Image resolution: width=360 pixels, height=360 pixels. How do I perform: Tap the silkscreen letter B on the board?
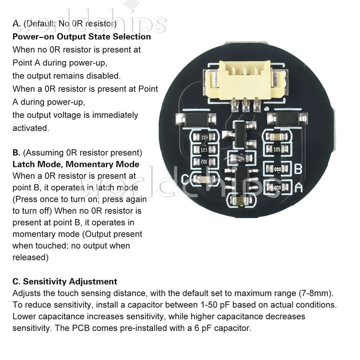(x=298, y=168)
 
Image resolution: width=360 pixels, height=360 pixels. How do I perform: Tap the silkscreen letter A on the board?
(x=298, y=187)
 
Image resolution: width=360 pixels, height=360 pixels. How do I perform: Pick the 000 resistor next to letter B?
(x=277, y=168)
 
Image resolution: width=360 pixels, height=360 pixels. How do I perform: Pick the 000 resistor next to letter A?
(x=277, y=188)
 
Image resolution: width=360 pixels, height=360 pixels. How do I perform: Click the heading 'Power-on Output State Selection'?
(x=82, y=37)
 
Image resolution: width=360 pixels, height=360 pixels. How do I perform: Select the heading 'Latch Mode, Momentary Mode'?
(x=76, y=164)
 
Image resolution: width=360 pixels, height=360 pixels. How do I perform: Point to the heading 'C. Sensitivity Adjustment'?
(x=65, y=281)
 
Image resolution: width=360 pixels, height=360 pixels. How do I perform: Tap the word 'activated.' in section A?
(x=30, y=128)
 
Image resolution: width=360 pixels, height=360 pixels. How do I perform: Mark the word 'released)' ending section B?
(x=30, y=257)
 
